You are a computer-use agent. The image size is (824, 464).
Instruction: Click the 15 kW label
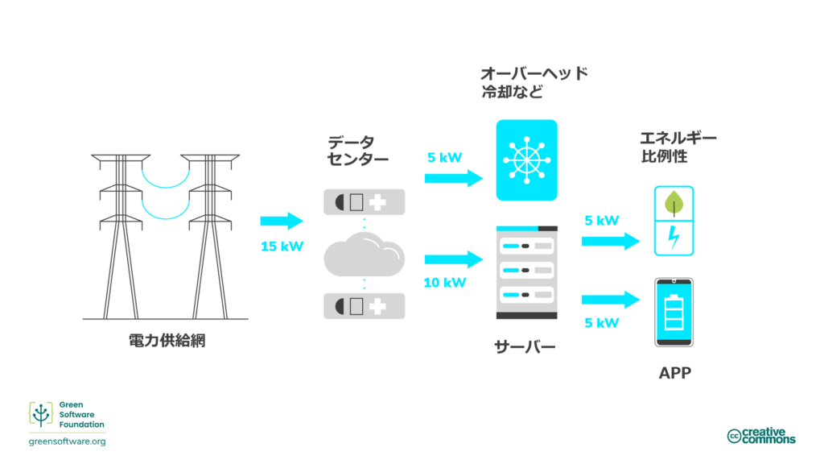click(x=282, y=246)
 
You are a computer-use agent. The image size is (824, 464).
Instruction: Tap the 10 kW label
click(x=444, y=282)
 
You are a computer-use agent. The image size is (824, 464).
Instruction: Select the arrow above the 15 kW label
click(x=282, y=221)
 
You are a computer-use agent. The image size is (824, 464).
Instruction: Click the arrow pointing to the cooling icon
click(x=454, y=178)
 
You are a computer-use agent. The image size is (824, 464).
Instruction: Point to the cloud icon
click(x=364, y=256)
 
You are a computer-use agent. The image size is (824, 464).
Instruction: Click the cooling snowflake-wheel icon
click(x=526, y=159)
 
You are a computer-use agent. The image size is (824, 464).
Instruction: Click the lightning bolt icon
click(x=672, y=238)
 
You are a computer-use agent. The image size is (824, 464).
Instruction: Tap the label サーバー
click(x=525, y=348)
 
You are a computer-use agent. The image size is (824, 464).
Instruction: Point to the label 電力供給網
click(x=167, y=341)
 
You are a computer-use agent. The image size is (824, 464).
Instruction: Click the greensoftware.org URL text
click(x=67, y=441)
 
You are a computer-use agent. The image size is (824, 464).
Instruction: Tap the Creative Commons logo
click(x=760, y=436)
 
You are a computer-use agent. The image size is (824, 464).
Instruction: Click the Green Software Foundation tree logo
click(x=42, y=414)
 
